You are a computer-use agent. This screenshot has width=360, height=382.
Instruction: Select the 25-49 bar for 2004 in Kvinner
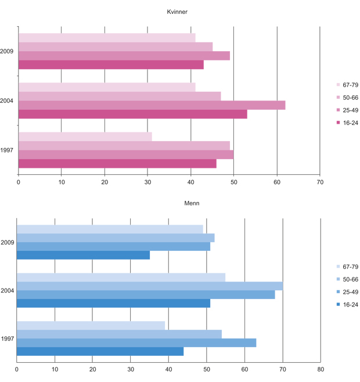(x=152, y=105)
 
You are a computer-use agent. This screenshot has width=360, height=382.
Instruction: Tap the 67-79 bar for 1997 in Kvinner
(x=85, y=136)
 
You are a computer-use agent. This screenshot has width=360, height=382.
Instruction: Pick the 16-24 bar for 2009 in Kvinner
(x=111, y=65)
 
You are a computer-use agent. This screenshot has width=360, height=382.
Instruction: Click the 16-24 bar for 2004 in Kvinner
(x=132, y=114)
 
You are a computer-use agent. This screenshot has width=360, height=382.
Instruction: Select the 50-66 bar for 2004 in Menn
(x=150, y=286)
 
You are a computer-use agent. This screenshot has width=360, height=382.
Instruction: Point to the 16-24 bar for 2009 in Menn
(x=83, y=255)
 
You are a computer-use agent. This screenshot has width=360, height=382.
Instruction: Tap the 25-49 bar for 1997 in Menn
(x=136, y=343)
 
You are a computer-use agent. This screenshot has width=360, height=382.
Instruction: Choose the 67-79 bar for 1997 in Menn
(x=91, y=325)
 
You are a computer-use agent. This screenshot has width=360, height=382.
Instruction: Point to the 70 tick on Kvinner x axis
(x=319, y=182)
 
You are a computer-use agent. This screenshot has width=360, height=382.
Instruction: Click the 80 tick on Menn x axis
(x=321, y=369)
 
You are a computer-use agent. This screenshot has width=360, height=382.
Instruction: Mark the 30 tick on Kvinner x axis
(x=147, y=182)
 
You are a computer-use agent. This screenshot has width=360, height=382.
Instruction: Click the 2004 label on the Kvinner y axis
(x=7, y=101)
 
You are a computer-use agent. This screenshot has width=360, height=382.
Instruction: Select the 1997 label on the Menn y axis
(x=7, y=338)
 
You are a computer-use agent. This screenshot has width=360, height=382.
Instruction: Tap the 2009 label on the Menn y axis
(x=7, y=242)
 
